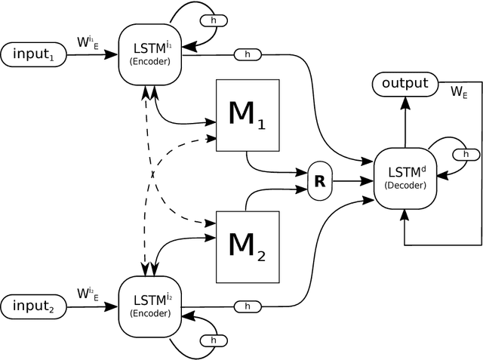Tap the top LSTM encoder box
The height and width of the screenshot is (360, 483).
tap(151, 54)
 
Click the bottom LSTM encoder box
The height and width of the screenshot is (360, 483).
tap(151, 306)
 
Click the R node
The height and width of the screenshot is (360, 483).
tap(319, 181)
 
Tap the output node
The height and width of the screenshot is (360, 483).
tap(405, 84)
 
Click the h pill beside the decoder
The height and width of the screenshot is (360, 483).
tap(465, 154)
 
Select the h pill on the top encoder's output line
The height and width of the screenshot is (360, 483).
tap(247, 55)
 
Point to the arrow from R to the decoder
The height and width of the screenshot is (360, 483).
tap(354, 181)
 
